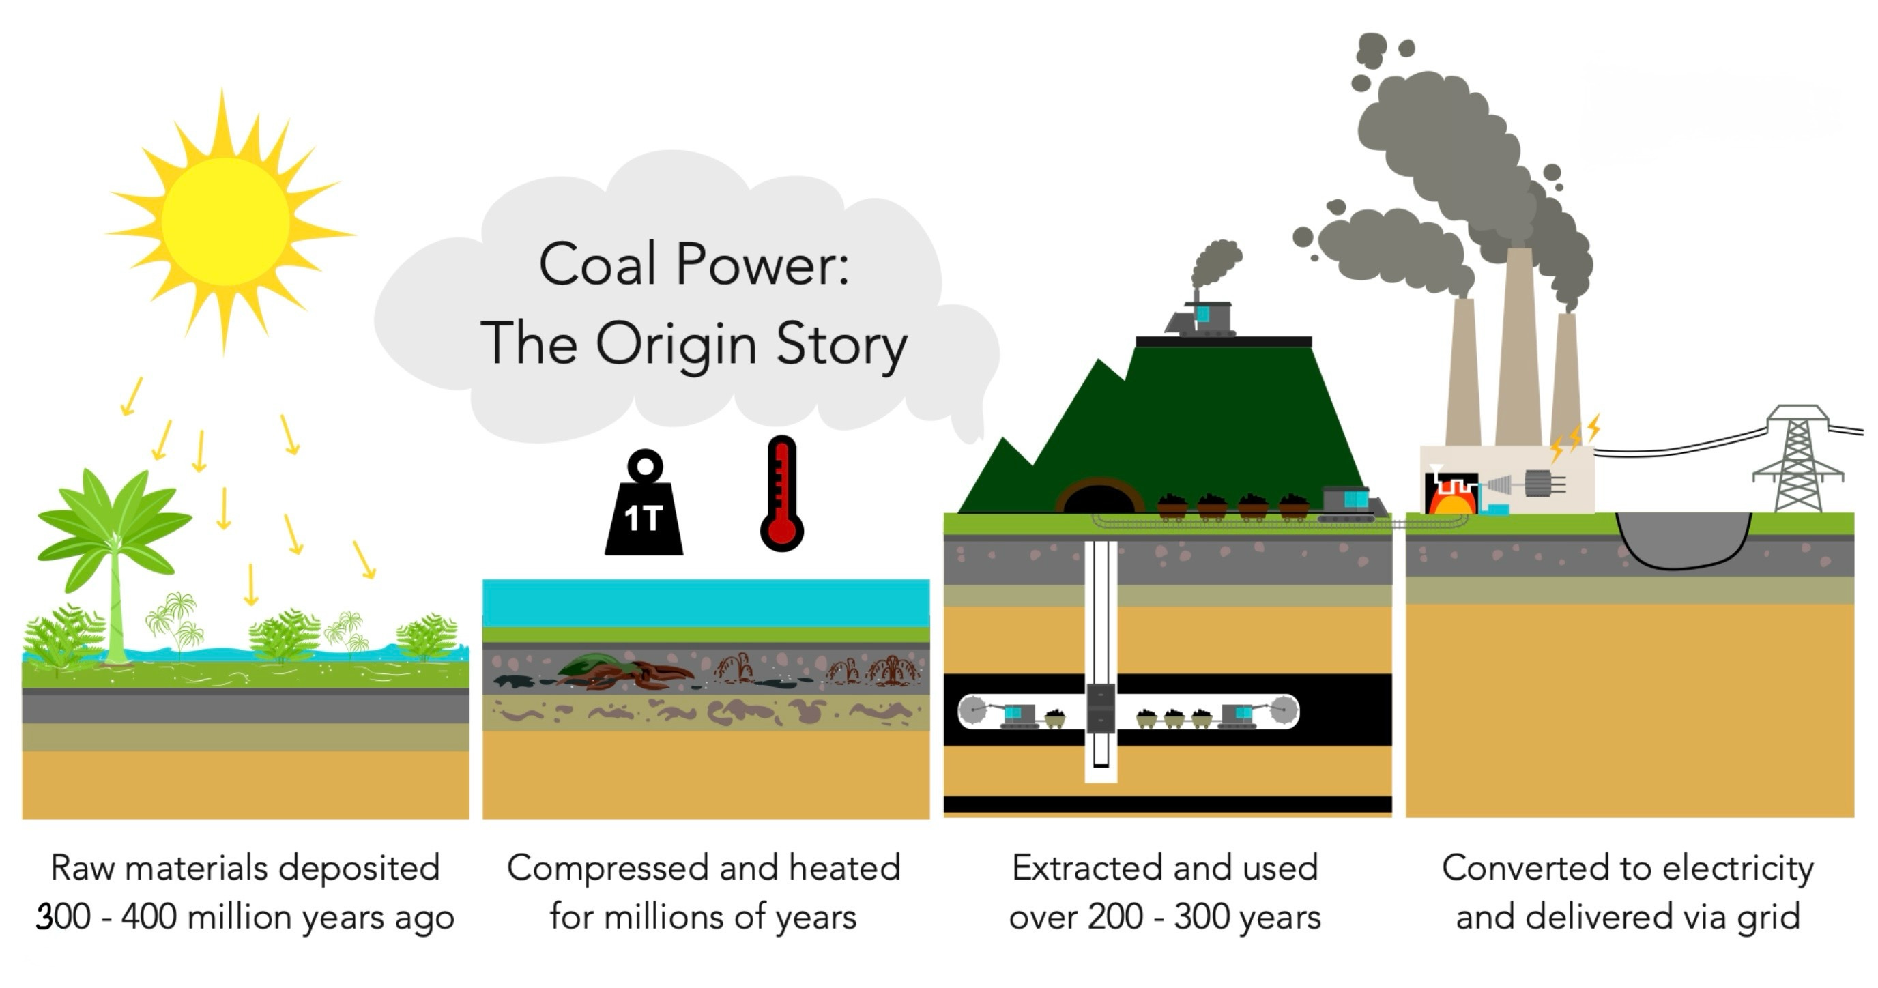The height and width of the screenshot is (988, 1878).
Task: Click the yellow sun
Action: coord(225,220)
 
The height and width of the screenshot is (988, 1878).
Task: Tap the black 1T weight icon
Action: coord(644,510)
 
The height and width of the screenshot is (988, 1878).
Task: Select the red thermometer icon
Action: coord(781,496)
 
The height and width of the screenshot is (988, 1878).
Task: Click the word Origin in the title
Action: coord(676,345)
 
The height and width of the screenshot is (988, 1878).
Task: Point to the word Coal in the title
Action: coord(597,264)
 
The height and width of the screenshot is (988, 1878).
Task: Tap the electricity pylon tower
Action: coord(1797,459)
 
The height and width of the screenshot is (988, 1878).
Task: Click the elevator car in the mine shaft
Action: coord(1100,708)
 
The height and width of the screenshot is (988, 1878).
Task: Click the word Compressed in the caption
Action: coord(607,868)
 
